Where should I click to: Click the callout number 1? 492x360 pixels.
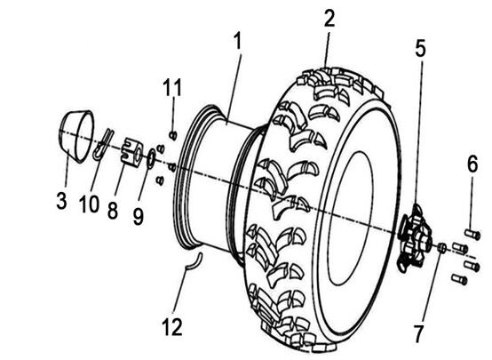[x=238, y=41]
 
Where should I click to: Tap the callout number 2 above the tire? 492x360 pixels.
[x=329, y=18]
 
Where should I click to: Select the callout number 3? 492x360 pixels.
[x=62, y=201]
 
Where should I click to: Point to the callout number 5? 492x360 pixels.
[x=420, y=48]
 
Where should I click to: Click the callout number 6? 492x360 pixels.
[x=472, y=163]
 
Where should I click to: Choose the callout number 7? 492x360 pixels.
[x=418, y=333]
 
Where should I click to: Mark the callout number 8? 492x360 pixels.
[x=113, y=210]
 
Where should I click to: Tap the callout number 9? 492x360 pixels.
[x=138, y=216]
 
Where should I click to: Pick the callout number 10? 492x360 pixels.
[x=89, y=204]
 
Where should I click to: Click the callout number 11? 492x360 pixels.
[x=172, y=87]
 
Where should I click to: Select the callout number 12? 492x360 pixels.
[x=172, y=327]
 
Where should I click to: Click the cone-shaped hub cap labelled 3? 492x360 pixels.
[x=76, y=137]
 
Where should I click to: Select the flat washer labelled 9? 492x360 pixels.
[x=151, y=157]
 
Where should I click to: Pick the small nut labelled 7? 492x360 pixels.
[x=442, y=247]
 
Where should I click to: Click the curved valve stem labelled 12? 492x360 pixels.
[x=194, y=261]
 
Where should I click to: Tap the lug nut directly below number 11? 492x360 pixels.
[x=173, y=135]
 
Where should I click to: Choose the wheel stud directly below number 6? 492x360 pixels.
[x=472, y=235]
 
